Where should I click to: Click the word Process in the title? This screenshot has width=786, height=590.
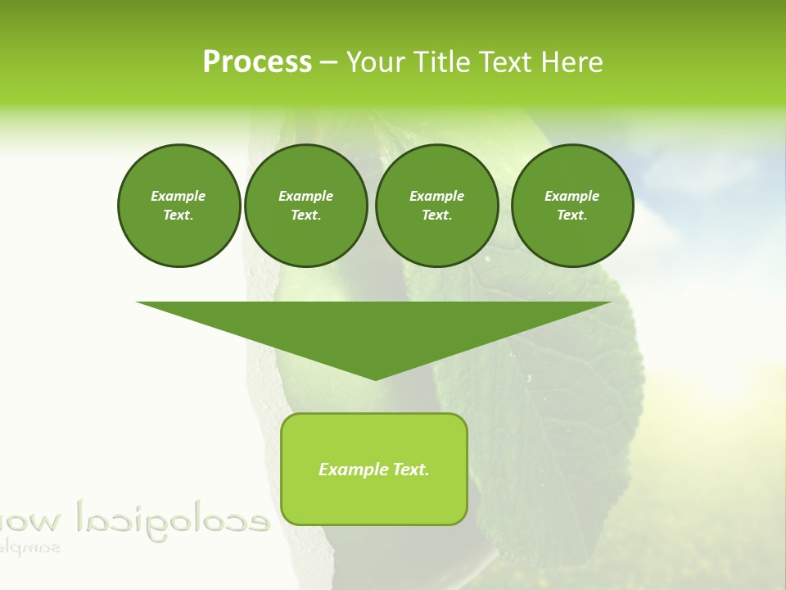tap(257, 62)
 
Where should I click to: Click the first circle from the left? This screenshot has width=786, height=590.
tap(178, 205)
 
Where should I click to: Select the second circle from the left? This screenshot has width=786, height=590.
tap(305, 205)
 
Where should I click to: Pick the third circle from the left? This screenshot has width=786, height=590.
tap(436, 205)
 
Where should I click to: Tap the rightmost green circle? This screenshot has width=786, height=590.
tap(571, 205)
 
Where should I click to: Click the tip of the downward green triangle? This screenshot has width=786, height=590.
tap(375, 379)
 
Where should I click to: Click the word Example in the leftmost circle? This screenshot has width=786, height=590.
tap(178, 196)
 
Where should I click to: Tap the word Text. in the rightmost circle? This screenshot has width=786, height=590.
tap(571, 215)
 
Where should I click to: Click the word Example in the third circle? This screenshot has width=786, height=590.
tap(436, 196)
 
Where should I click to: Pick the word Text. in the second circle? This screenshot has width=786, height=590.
tap(305, 215)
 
